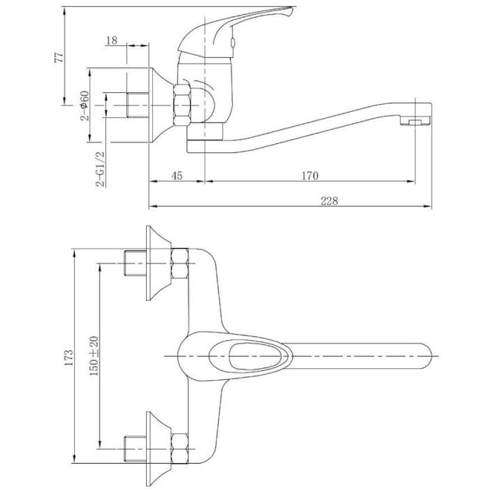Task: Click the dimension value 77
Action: (x=59, y=57)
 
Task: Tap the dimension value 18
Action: (x=112, y=41)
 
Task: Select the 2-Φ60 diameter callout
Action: (x=85, y=105)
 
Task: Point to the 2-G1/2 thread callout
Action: (x=101, y=169)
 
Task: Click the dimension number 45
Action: (x=177, y=175)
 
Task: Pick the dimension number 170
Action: (x=310, y=175)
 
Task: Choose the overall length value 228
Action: (x=329, y=200)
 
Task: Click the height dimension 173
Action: (x=68, y=357)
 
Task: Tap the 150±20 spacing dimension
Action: (x=94, y=356)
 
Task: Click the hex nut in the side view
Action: (x=182, y=105)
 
